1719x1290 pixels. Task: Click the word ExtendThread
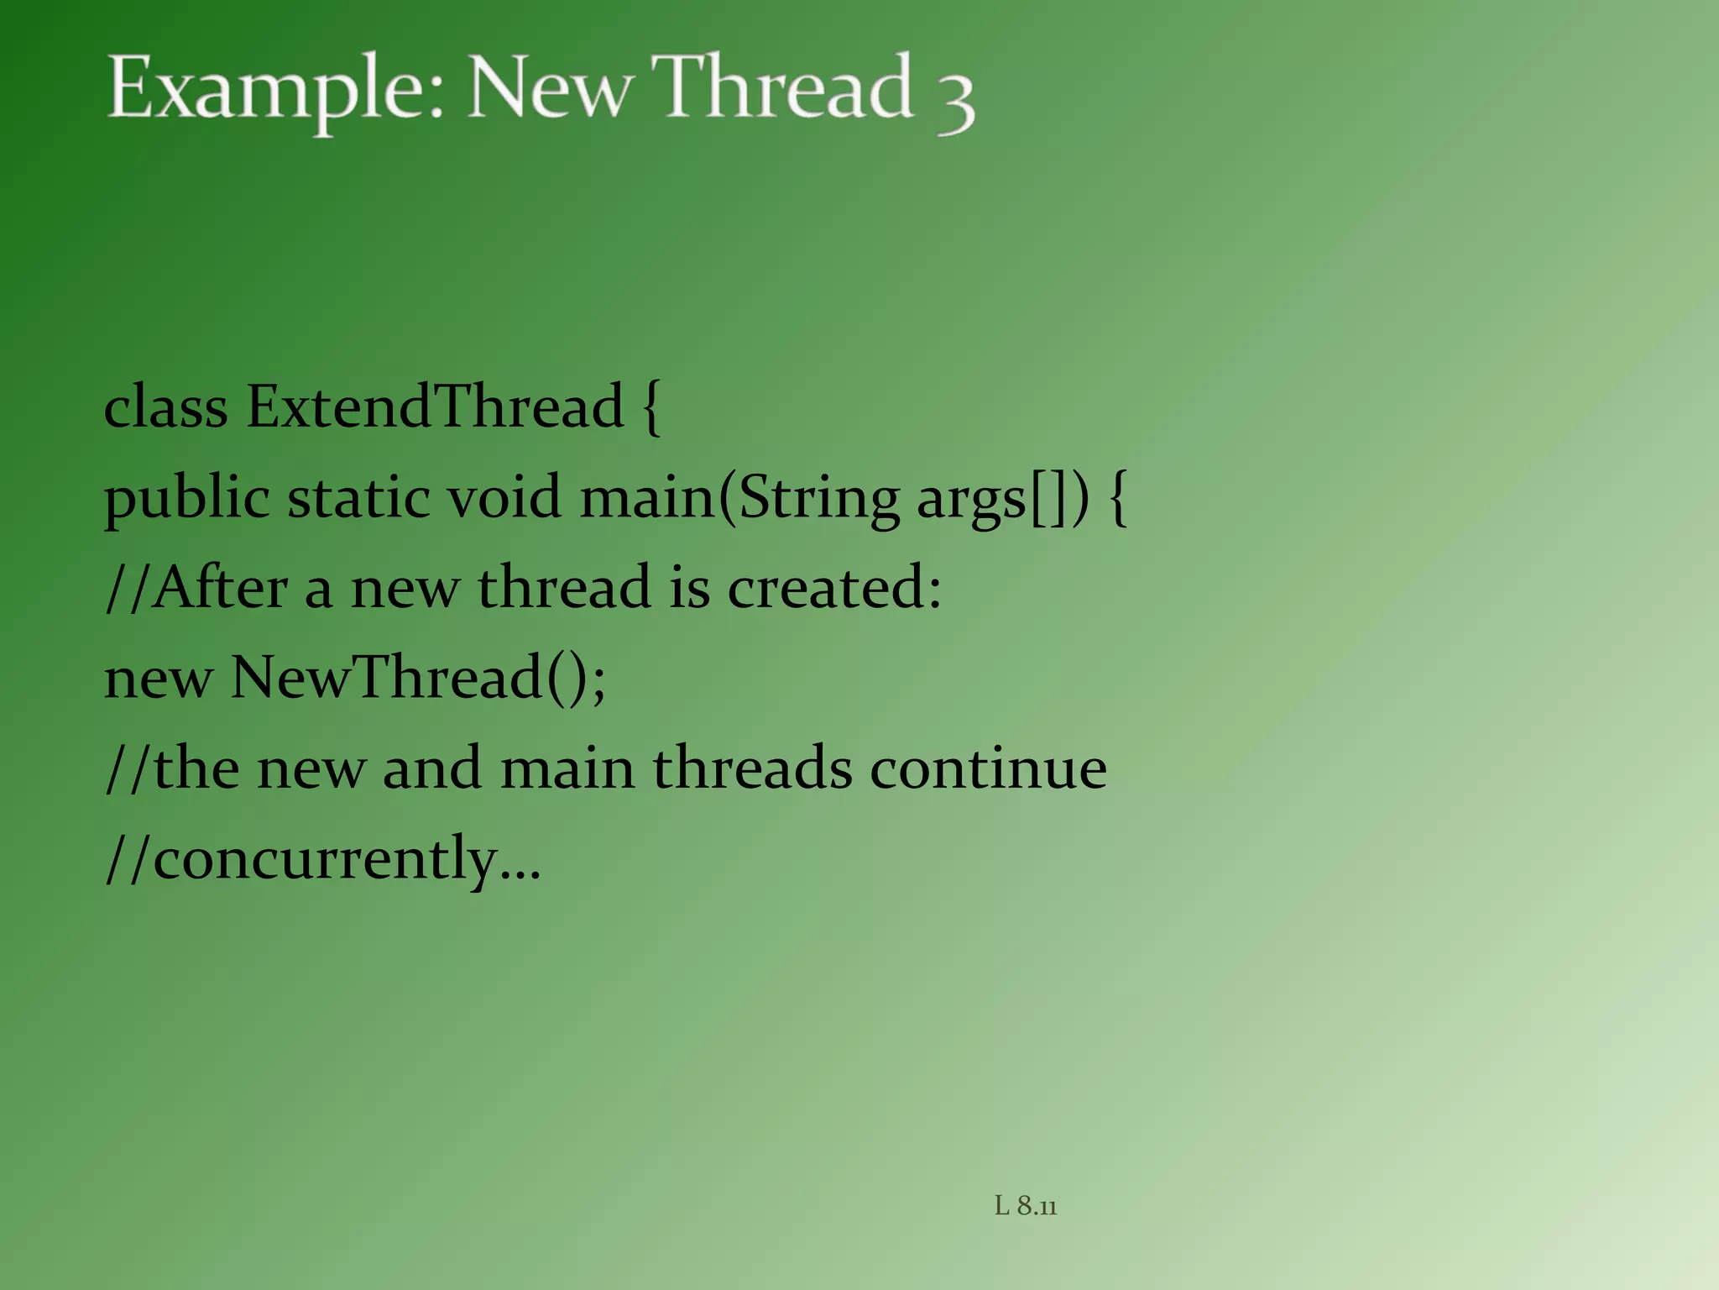click(x=435, y=407)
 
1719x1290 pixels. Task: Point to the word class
click(x=165, y=407)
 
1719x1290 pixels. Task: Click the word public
click(x=186, y=499)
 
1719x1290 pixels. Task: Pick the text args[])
click(x=1002, y=499)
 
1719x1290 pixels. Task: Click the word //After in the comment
click(x=196, y=587)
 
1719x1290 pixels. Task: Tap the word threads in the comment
click(x=752, y=768)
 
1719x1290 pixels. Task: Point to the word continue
click(x=988, y=768)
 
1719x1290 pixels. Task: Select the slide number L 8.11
click(x=1026, y=1206)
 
